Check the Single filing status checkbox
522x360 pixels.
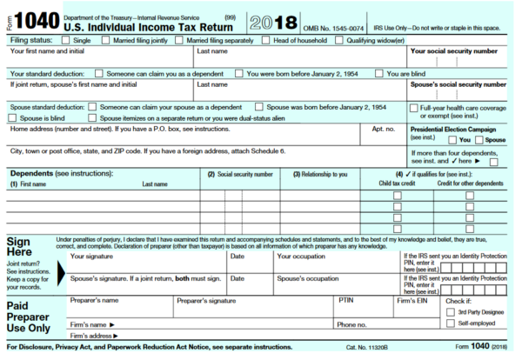pyautogui.click(x=67, y=40)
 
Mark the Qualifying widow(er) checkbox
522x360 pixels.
pyautogui.click(x=340, y=40)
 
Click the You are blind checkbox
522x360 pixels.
pyautogui.click(x=378, y=74)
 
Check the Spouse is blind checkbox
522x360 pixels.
pyautogui.click(x=14, y=117)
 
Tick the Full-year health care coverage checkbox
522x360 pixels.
pyautogui.click(x=413, y=108)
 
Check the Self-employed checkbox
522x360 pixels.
pyautogui.click(x=450, y=324)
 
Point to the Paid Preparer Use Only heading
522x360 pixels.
pyautogui.click(x=29, y=317)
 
